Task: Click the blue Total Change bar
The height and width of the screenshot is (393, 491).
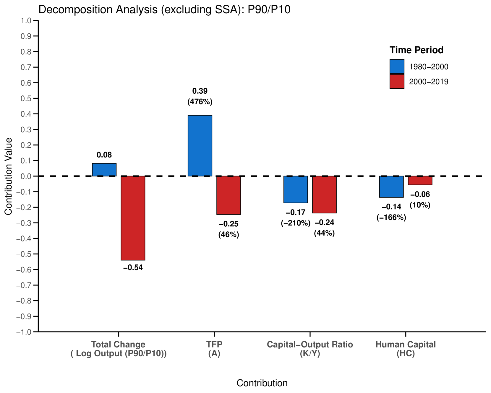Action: [104, 170]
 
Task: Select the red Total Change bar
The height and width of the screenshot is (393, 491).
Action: [133, 218]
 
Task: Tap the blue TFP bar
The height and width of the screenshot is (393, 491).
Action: [200, 146]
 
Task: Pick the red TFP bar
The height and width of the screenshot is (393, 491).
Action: [229, 195]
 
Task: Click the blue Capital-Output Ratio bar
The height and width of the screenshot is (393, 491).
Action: [296, 189]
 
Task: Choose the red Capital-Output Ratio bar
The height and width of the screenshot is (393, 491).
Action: [324, 194]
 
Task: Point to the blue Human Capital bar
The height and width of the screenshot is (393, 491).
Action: [391, 187]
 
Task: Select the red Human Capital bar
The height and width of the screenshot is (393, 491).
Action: [420, 181]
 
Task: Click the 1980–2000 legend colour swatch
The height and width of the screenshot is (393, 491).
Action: [397, 66]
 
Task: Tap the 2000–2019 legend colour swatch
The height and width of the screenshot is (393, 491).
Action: [397, 82]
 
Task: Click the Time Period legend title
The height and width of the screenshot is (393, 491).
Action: [416, 50]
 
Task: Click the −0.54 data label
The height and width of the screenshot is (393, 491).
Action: [133, 268]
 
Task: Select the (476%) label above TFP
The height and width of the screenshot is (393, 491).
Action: [200, 102]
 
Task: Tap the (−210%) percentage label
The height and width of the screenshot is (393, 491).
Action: [296, 223]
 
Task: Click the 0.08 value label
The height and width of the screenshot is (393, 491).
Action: [104, 155]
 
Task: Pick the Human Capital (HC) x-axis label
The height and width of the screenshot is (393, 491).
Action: [406, 349]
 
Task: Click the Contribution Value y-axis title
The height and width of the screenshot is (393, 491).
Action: [8, 176]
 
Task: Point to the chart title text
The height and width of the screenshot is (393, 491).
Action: [164, 10]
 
